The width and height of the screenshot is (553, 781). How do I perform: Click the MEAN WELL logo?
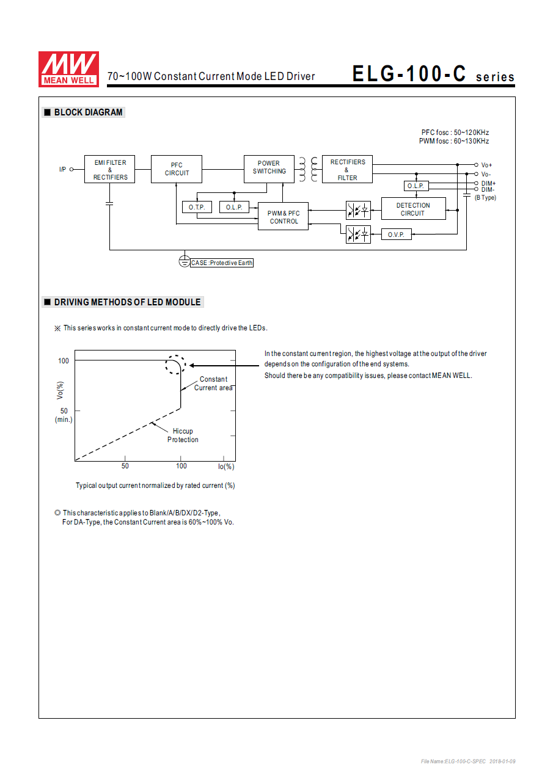pos(68,68)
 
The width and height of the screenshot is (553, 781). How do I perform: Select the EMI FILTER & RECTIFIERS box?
pos(110,169)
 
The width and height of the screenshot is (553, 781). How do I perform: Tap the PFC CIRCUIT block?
pos(177,169)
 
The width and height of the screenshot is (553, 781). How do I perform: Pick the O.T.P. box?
pos(197,208)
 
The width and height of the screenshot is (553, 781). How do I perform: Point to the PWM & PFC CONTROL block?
pos(284,217)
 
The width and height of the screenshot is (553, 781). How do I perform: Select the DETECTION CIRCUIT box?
pos(413,209)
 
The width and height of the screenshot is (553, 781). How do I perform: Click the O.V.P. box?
pos(396,234)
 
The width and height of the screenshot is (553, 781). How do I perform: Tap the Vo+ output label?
pos(486,165)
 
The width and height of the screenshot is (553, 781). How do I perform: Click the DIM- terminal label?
pos(488,189)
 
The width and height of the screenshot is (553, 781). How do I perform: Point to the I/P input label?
pos(62,169)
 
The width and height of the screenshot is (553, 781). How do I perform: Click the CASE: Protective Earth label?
pos(222,263)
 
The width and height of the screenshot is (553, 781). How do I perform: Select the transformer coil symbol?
pos(308,169)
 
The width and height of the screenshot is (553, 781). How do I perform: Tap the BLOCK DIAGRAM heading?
pos(88,112)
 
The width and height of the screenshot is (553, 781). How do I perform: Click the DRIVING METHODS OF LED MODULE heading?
pos(127,302)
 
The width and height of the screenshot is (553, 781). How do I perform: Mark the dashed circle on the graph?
pos(175,365)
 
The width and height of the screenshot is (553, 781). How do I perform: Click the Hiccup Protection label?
pos(183,435)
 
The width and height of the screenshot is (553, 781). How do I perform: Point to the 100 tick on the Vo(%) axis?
pos(64,361)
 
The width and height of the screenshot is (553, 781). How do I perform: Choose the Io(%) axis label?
pos(226,467)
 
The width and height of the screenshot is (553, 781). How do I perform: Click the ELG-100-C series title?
pos(433,74)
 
